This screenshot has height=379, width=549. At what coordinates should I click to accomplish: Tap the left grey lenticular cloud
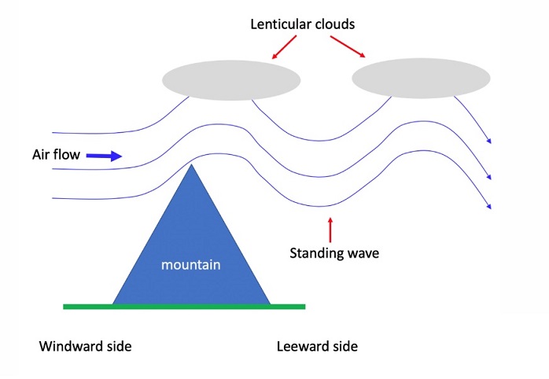pyautogui.click(x=231, y=79)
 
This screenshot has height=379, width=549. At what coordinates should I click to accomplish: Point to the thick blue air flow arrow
pyautogui.click(x=104, y=156)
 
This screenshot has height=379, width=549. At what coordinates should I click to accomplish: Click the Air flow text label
pyautogui.click(x=56, y=155)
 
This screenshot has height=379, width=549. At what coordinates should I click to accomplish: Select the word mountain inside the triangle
pyautogui.click(x=190, y=265)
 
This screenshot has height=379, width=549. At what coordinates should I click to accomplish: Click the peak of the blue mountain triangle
pyautogui.click(x=191, y=166)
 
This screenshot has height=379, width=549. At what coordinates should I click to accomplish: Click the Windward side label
pyautogui.click(x=85, y=346)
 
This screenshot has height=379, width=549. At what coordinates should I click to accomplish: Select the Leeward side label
pyautogui.click(x=317, y=346)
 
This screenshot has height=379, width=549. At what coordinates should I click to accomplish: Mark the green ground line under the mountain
pyautogui.click(x=183, y=306)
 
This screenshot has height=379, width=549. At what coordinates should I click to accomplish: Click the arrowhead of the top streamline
pyautogui.click(x=489, y=142)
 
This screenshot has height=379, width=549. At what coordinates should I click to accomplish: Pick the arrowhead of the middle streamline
pyautogui.click(x=489, y=175)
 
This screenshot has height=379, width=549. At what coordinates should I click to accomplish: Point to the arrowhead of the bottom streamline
pyautogui.click(x=489, y=208)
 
